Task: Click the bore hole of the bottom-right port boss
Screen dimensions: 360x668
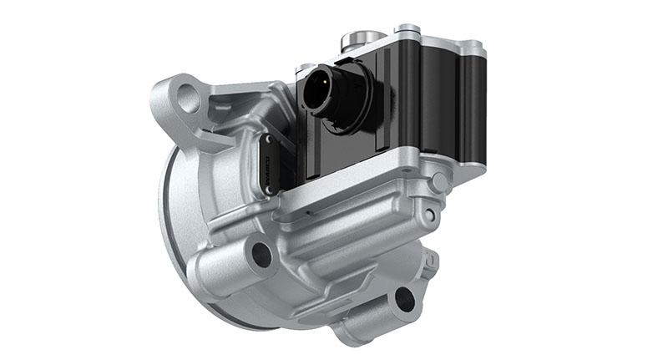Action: (405, 297)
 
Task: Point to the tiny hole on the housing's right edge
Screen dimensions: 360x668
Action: (429, 215)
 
